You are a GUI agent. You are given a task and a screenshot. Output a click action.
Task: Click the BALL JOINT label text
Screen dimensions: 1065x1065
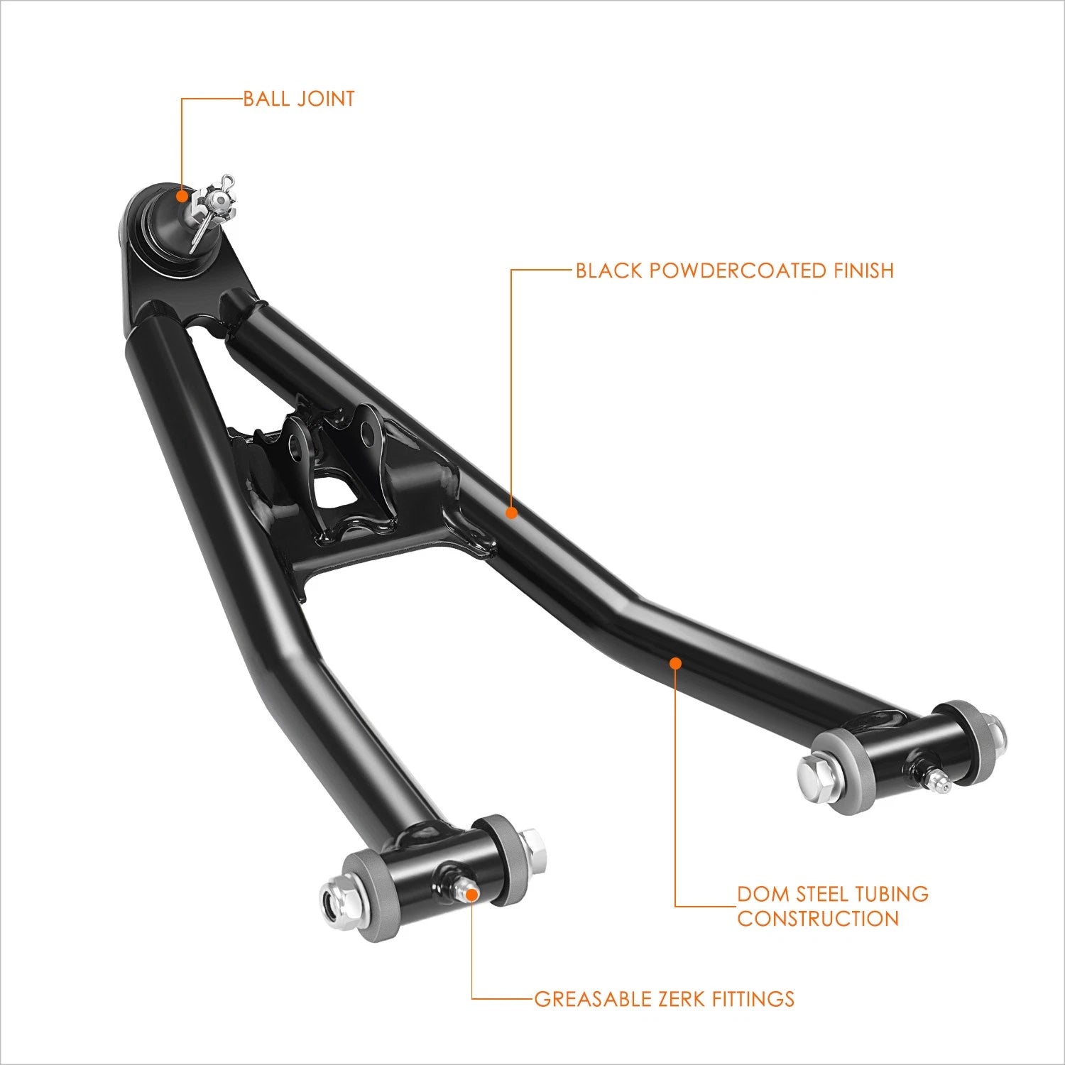coord(299,99)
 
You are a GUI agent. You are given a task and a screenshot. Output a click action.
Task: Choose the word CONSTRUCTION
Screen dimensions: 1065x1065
coord(818,918)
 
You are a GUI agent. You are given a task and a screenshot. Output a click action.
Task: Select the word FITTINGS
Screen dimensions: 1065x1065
coord(753,999)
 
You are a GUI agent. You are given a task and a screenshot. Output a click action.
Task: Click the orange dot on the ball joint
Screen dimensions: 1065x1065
coord(182,196)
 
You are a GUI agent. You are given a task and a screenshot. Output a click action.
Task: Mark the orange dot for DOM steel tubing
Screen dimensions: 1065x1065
coord(675,663)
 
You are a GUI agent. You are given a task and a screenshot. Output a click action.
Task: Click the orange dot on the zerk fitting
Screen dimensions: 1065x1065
coord(472,893)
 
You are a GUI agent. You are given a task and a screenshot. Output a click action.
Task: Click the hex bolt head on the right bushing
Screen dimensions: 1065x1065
coord(812,771)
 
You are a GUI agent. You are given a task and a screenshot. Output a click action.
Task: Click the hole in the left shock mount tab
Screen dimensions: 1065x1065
coord(295,441)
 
